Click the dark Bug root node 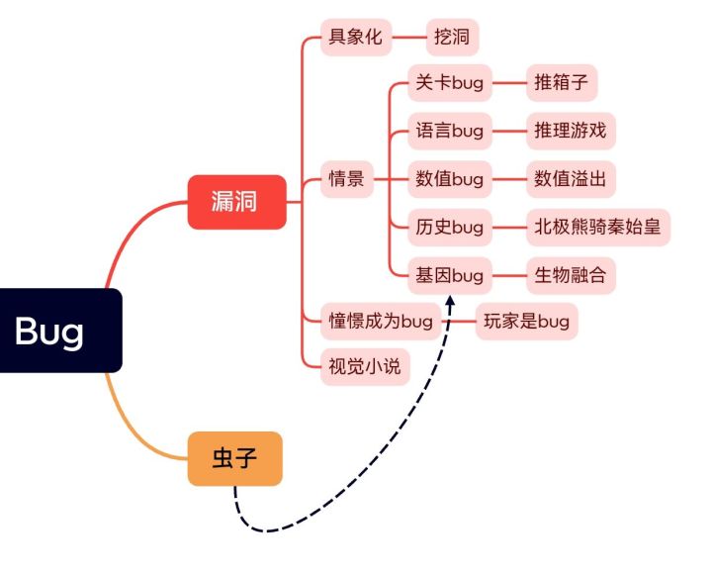tap(54, 331)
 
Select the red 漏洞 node tap(236, 202)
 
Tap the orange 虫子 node tap(234, 458)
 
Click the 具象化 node tap(355, 39)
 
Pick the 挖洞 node tap(452, 39)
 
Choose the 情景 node tap(346, 179)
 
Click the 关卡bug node tap(449, 83)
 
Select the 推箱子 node tap(560, 83)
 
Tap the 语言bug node tap(449, 131)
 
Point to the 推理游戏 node tap(570, 131)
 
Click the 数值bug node tap(449, 179)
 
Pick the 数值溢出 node tap(570, 179)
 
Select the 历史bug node tap(449, 228)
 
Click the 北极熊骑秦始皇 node tap(596, 228)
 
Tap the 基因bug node tap(449, 275)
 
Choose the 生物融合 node tap(570, 275)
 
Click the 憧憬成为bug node tap(382, 321)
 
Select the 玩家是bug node tap(526, 321)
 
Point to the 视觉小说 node tap(365, 366)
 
